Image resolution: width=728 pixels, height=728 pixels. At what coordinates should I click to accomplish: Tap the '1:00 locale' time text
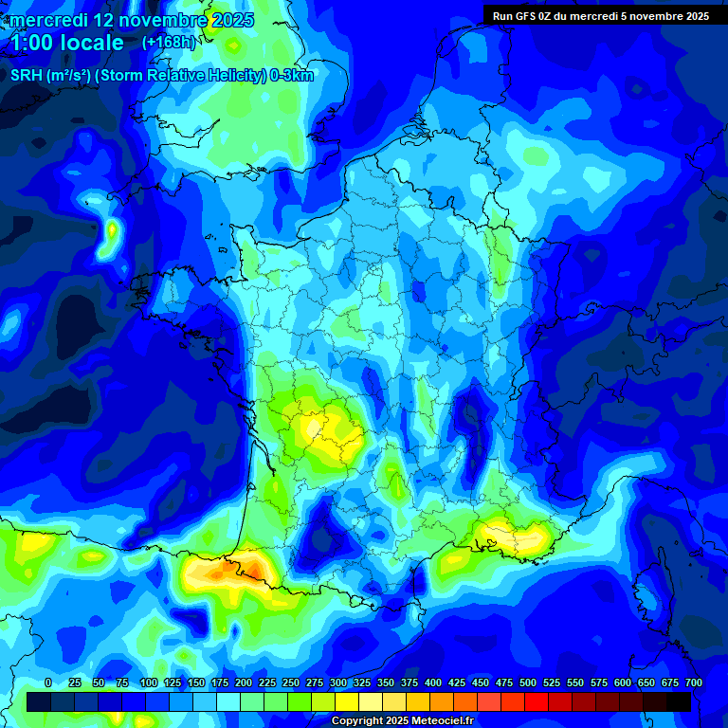tap(66, 43)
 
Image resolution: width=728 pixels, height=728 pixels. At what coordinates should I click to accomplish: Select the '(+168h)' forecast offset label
tap(170, 43)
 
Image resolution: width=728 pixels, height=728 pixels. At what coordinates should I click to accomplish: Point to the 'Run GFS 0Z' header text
tap(532, 16)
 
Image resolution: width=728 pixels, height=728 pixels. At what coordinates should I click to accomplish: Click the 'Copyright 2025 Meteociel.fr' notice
tap(402, 721)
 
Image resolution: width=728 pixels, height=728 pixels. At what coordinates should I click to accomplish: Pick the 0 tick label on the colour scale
tap(48, 682)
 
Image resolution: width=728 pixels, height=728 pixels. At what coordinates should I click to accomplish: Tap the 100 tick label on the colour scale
tap(148, 682)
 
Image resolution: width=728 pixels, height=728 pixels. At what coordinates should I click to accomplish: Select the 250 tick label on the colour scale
tap(291, 682)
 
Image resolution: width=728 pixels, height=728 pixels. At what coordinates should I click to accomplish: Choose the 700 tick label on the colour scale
tap(694, 682)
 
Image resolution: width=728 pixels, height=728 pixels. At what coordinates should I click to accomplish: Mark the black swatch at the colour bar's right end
tap(679, 701)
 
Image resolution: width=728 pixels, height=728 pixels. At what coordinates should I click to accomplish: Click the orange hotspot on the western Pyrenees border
tap(227, 570)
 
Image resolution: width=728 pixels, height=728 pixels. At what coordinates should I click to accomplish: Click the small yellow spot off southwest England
tap(113, 229)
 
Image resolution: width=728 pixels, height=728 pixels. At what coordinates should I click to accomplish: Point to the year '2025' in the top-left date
tap(227, 20)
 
